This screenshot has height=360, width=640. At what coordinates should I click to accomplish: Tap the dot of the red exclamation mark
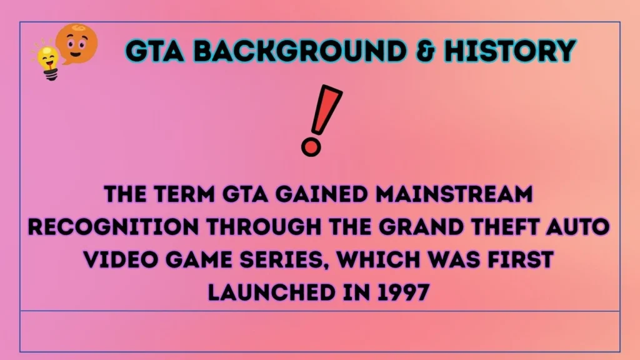pos(310,147)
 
